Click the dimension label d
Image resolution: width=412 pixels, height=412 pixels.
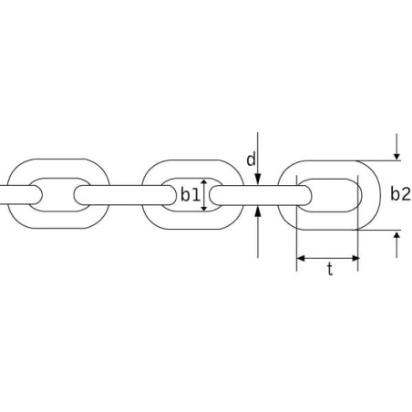tap(251, 160)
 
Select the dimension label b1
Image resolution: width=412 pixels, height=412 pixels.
tap(191, 195)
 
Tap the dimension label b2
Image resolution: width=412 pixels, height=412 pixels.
tap(400, 194)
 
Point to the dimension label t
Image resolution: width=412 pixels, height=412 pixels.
tap(330, 269)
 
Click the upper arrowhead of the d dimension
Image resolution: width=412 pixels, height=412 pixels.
tap(258, 180)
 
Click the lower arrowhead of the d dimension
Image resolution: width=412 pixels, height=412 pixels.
tap(258, 211)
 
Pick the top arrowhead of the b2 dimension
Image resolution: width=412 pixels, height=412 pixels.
tap(397, 157)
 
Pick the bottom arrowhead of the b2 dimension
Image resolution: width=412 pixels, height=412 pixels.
tap(397, 234)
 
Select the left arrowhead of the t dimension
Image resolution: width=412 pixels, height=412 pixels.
tap(301, 259)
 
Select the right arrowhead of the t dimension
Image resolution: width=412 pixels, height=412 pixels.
tap(355, 259)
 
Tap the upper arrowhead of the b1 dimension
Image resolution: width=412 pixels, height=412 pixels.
tap(204, 181)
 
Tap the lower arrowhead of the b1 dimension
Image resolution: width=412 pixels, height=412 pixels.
tap(204, 209)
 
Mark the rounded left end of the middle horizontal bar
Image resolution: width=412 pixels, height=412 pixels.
tap(78, 195)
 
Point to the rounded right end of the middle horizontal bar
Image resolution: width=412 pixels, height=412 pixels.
tap(171, 195)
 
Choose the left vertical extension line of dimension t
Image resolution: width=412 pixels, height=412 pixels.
tap(296, 223)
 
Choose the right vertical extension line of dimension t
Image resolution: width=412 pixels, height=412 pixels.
tap(358, 223)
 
